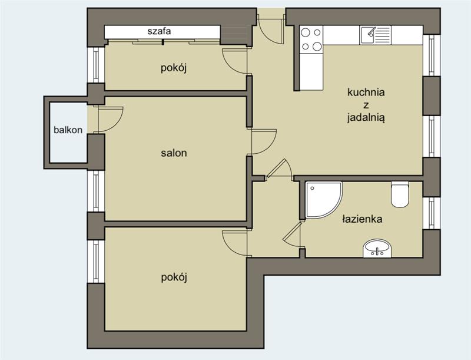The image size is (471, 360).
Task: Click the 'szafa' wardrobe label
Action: pyautogui.click(x=159, y=31)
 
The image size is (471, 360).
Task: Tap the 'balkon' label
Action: pyautogui.click(x=68, y=130)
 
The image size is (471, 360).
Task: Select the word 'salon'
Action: pyautogui.click(x=174, y=153)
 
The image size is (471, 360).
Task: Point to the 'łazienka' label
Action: pyautogui.click(x=362, y=219)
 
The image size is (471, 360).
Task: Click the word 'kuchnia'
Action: pyautogui.click(x=366, y=92)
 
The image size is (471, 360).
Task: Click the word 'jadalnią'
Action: pyautogui.click(x=366, y=117)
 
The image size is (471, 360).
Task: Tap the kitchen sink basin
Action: pyautogui.click(x=368, y=35)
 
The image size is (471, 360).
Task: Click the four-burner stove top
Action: pyautogui.click(x=311, y=39)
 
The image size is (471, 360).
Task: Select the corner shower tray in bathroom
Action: pyautogui.click(x=323, y=199)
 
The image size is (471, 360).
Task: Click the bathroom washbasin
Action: pyautogui.click(x=377, y=248)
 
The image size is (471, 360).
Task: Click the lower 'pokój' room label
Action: pyautogui.click(x=174, y=277)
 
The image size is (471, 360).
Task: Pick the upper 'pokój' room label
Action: pyautogui.click(x=174, y=68)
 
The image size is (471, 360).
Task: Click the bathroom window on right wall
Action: pyautogui.click(x=432, y=213)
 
